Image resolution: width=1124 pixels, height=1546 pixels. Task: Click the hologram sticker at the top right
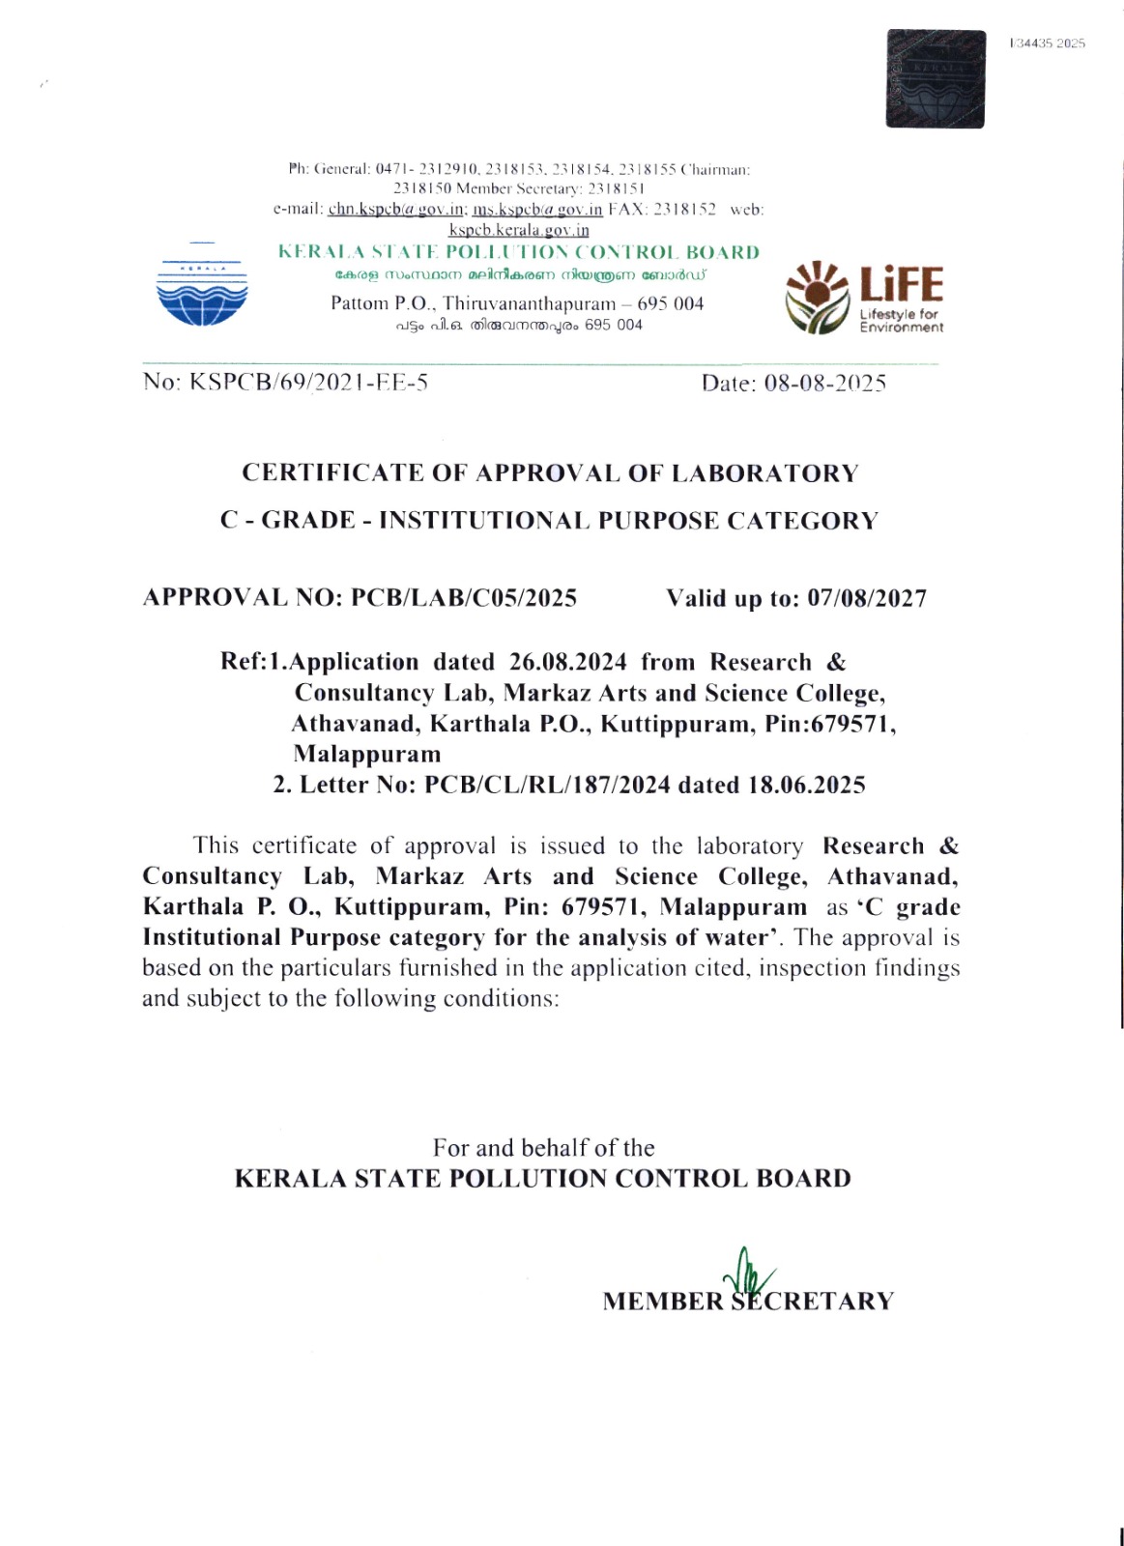pos(935,79)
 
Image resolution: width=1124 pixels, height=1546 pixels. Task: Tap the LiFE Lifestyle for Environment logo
pos(864,298)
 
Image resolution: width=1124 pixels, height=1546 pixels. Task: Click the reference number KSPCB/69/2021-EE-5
pos(308,382)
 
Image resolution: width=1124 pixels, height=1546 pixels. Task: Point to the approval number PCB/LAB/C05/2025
pos(464,598)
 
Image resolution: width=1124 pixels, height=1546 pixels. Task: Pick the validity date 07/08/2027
pos(867,599)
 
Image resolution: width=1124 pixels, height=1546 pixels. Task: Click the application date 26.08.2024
pos(568,663)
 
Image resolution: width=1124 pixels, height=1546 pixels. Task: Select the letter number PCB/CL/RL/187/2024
pos(547,785)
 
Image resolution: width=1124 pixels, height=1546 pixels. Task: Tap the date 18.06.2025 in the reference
pos(807,785)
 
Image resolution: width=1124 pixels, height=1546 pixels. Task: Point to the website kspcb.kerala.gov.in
pos(519,230)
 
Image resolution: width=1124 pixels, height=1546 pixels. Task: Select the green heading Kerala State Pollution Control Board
pos(519,252)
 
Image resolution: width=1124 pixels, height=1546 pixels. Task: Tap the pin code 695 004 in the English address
pos(671,303)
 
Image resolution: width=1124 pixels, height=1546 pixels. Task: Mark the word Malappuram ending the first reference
pos(367,754)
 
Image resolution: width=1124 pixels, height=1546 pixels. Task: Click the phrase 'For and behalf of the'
pos(543,1148)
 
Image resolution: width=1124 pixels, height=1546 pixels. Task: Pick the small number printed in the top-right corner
pos(1048,43)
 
